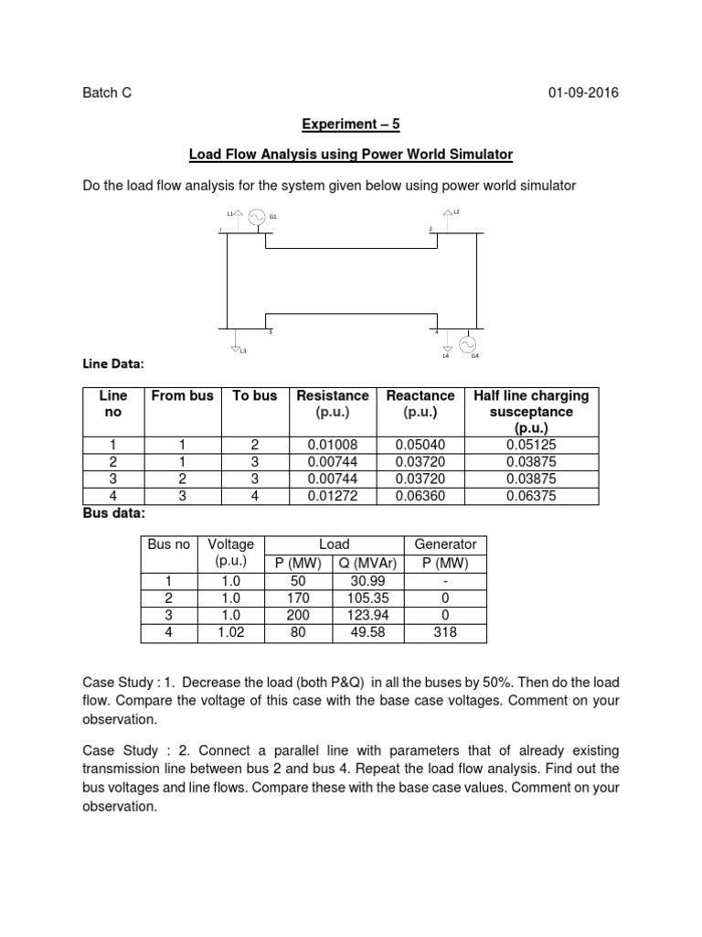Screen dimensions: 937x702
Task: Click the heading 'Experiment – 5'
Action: [x=351, y=127]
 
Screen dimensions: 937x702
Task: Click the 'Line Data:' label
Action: [x=113, y=364]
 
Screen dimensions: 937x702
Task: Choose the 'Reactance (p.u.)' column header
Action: [x=420, y=404]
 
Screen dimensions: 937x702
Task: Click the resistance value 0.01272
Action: [x=332, y=496]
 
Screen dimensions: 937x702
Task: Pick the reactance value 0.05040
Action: [x=420, y=444]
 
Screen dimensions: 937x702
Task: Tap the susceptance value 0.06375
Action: [x=530, y=496]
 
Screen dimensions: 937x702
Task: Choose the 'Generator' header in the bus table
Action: [x=446, y=544]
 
